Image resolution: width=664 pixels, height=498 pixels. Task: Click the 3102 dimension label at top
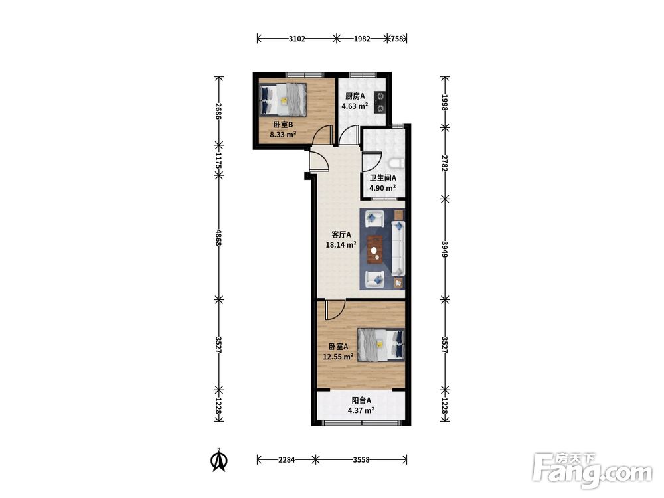(x=297, y=39)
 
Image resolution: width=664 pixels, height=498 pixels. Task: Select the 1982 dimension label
(x=362, y=39)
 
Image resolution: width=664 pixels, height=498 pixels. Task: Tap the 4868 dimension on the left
(x=218, y=238)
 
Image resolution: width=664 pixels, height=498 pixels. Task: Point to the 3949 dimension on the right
(x=445, y=250)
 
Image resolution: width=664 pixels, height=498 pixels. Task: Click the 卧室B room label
(x=283, y=125)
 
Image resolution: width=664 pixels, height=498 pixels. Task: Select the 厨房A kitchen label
(x=355, y=96)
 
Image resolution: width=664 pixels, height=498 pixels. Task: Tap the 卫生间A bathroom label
(x=383, y=178)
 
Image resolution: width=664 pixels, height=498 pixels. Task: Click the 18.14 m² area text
(x=341, y=244)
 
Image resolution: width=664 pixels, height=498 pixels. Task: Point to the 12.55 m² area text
(x=338, y=357)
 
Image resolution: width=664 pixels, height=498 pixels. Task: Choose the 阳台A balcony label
(x=361, y=400)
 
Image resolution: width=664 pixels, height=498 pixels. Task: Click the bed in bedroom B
(x=283, y=100)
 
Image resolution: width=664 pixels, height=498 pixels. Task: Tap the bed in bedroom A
(x=380, y=345)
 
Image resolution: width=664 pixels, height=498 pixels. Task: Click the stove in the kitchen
(x=380, y=102)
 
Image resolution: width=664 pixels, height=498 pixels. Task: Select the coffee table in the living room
(x=374, y=250)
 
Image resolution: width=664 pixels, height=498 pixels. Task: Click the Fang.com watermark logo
(x=592, y=469)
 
